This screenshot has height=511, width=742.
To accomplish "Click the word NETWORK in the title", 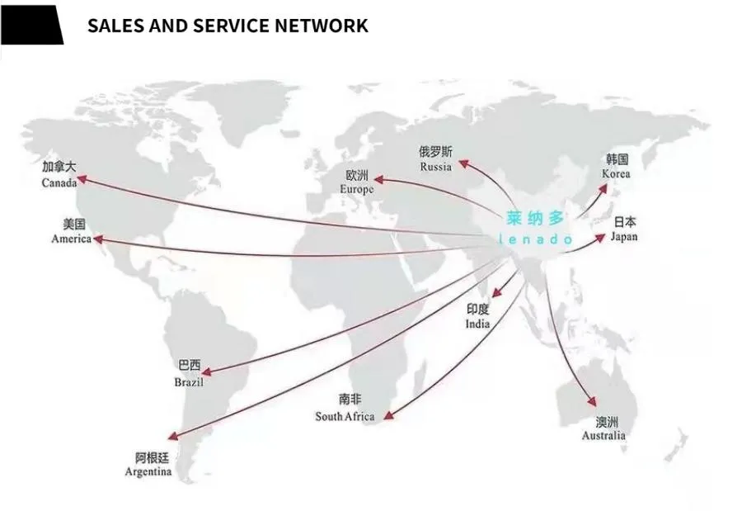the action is pos(322,26).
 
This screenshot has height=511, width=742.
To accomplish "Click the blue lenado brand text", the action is pos(535,240).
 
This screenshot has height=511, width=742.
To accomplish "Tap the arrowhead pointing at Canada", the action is pos(82,179).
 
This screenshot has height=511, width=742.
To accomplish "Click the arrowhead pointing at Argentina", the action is pos(174,436).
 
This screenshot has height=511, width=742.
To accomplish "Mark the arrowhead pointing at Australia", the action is pos(592,401).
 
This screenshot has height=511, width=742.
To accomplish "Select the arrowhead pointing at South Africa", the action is pos(388,415).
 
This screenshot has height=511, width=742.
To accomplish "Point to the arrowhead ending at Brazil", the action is pos(207,372).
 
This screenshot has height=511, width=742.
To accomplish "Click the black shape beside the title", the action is pos(31,25).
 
